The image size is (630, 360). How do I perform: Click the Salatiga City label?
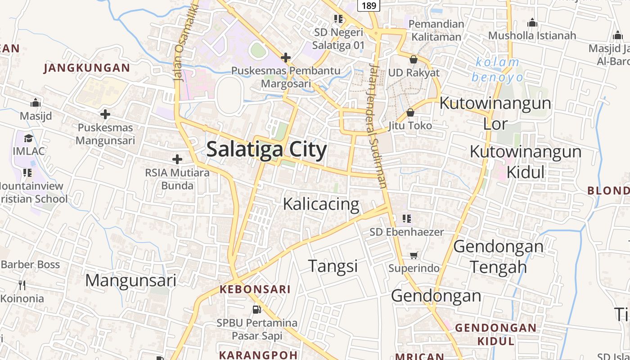[x=266, y=149]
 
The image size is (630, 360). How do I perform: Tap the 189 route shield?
[x=369, y=5]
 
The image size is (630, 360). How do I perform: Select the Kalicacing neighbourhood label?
[x=321, y=204]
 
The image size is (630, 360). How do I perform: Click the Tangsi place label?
[x=333, y=266]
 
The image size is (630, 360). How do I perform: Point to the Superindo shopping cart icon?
[x=414, y=255]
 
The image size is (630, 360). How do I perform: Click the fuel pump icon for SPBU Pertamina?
[x=256, y=309]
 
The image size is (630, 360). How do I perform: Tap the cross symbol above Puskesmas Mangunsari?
[x=105, y=114]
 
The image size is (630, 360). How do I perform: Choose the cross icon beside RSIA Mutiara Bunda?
[x=177, y=159]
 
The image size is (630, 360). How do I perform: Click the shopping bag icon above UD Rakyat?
[x=414, y=59]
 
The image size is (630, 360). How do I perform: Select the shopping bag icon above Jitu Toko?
[x=410, y=112]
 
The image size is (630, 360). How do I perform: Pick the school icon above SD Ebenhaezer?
[x=407, y=219]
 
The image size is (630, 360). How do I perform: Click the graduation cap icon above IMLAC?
[x=29, y=138]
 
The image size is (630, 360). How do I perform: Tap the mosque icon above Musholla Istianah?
[x=532, y=22]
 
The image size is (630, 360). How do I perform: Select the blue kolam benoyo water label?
[x=497, y=69]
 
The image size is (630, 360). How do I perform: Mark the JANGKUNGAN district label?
[x=87, y=68]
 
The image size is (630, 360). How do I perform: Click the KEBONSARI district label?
[x=255, y=289]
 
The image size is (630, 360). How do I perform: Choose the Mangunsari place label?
[x=130, y=280]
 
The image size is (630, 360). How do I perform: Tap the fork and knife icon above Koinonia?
[x=22, y=285]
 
